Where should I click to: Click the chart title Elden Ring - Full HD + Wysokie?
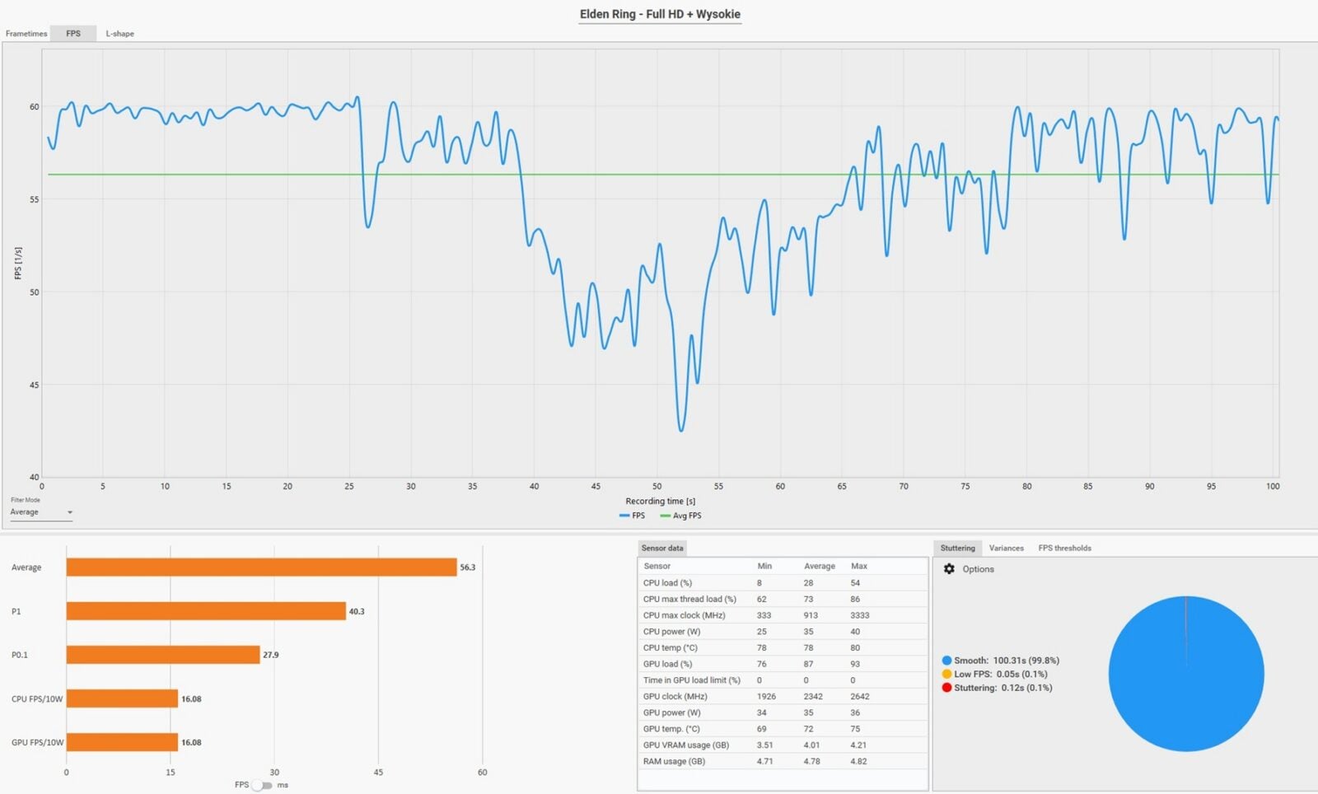[x=660, y=14]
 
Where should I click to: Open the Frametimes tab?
[x=26, y=34]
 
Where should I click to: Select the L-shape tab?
[x=119, y=34]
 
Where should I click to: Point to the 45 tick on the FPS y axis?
[x=34, y=385]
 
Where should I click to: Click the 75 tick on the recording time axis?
[x=965, y=486]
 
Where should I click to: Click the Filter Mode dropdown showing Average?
[x=41, y=512]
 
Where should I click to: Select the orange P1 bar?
[x=206, y=611]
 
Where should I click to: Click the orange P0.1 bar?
[x=163, y=655]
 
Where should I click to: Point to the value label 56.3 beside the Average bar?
[x=467, y=567]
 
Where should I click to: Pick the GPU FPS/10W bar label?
[x=37, y=742]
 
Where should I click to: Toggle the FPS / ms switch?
[x=261, y=785]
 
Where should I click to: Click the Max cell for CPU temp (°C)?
[x=855, y=647]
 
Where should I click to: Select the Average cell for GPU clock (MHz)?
[x=812, y=696]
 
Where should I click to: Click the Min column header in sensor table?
[x=764, y=566]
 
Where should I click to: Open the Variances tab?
[x=1006, y=548]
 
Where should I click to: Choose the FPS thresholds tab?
[x=1064, y=548]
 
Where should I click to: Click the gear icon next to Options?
[x=949, y=569]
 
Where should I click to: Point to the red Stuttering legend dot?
[x=946, y=688]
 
